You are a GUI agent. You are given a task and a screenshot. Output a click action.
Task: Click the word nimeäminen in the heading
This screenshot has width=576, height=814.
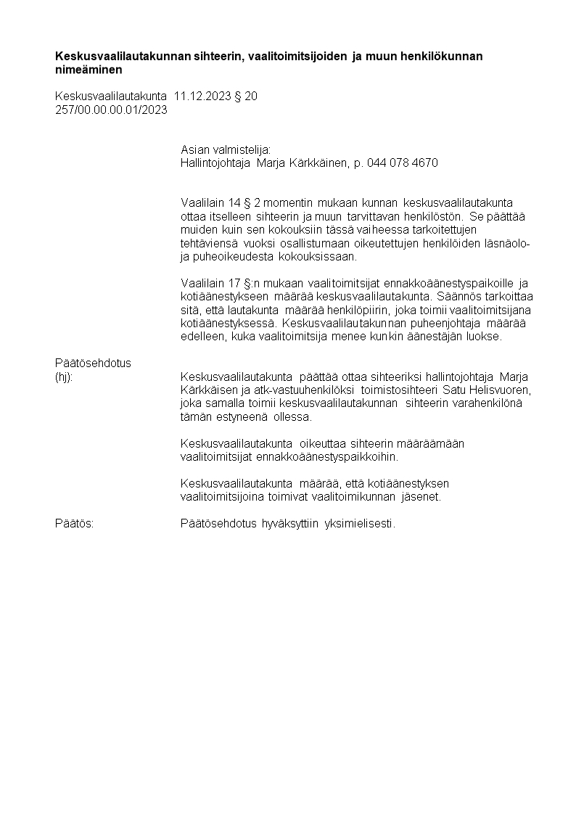point(89,70)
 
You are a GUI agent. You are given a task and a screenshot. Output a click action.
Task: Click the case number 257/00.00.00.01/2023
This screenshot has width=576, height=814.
point(111,109)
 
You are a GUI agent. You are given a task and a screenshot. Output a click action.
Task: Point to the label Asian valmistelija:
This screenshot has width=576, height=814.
point(225,149)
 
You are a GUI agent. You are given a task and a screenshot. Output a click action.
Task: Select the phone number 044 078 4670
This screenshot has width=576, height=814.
point(403,163)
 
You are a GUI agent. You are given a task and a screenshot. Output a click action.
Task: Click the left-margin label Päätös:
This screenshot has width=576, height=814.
point(74,524)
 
